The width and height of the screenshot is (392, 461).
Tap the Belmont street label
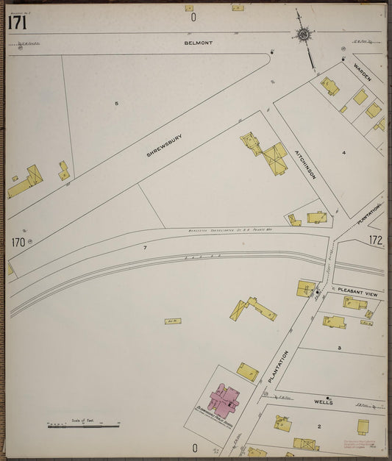pyautogui.click(x=199, y=43)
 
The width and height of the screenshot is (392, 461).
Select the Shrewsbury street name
pyautogui.click(x=164, y=145)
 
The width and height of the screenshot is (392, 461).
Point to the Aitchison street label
pyautogui.click(x=305, y=162)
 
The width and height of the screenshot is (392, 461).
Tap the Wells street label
pyautogui.click(x=324, y=402)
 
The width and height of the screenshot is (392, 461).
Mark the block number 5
pyautogui.click(x=116, y=104)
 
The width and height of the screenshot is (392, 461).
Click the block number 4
pyautogui.click(x=343, y=152)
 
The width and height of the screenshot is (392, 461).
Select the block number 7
pyautogui.click(x=145, y=247)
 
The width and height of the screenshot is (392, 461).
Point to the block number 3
pyautogui.click(x=339, y=347)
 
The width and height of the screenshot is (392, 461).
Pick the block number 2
pyautogui.click(x=319, y=426)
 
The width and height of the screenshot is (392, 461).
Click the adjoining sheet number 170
pyautogui.click(x=18, y=241)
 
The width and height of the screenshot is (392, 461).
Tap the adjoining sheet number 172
pyautogui.click(x=376, y=240)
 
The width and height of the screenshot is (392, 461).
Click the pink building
pyautogui.click(x=227, y=399)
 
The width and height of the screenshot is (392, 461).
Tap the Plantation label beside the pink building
pyautogui.click(x=273, y=365)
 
